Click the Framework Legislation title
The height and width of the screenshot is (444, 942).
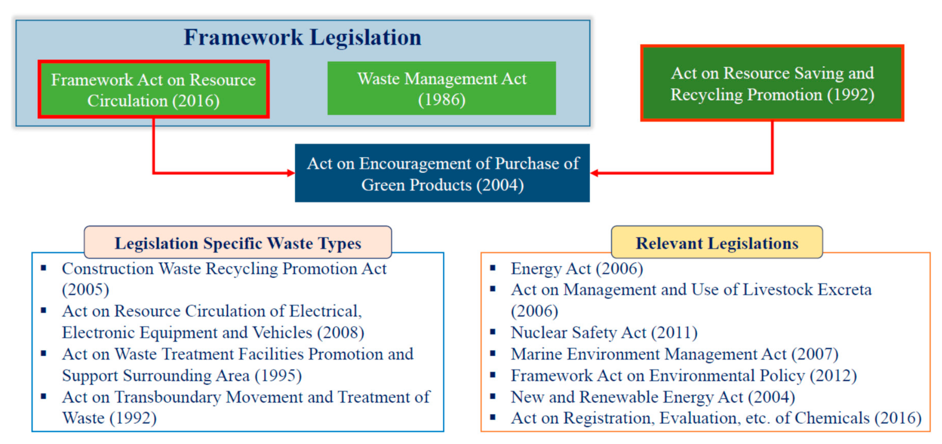coord(302,37)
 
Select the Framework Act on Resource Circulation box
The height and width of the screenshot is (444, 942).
coord(154,90)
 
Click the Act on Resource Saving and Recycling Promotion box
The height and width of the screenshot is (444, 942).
coord(772,84)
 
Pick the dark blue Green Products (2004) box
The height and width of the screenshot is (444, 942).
coord(442,174)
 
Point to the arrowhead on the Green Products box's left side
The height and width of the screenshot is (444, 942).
coord(291,173)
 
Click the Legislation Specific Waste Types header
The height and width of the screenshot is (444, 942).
coord(238,243)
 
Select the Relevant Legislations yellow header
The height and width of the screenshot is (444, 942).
coord(717,243)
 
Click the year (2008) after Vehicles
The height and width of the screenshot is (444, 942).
coord(340,333)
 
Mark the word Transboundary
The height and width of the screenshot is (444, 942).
coord(168,397)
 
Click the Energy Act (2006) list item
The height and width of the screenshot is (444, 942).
coord(577,268)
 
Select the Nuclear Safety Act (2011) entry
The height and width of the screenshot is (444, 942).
coord(604,333)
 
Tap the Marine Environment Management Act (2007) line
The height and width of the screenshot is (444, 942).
coord(674,354)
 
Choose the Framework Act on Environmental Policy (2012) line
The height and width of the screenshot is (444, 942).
coord(683,375)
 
